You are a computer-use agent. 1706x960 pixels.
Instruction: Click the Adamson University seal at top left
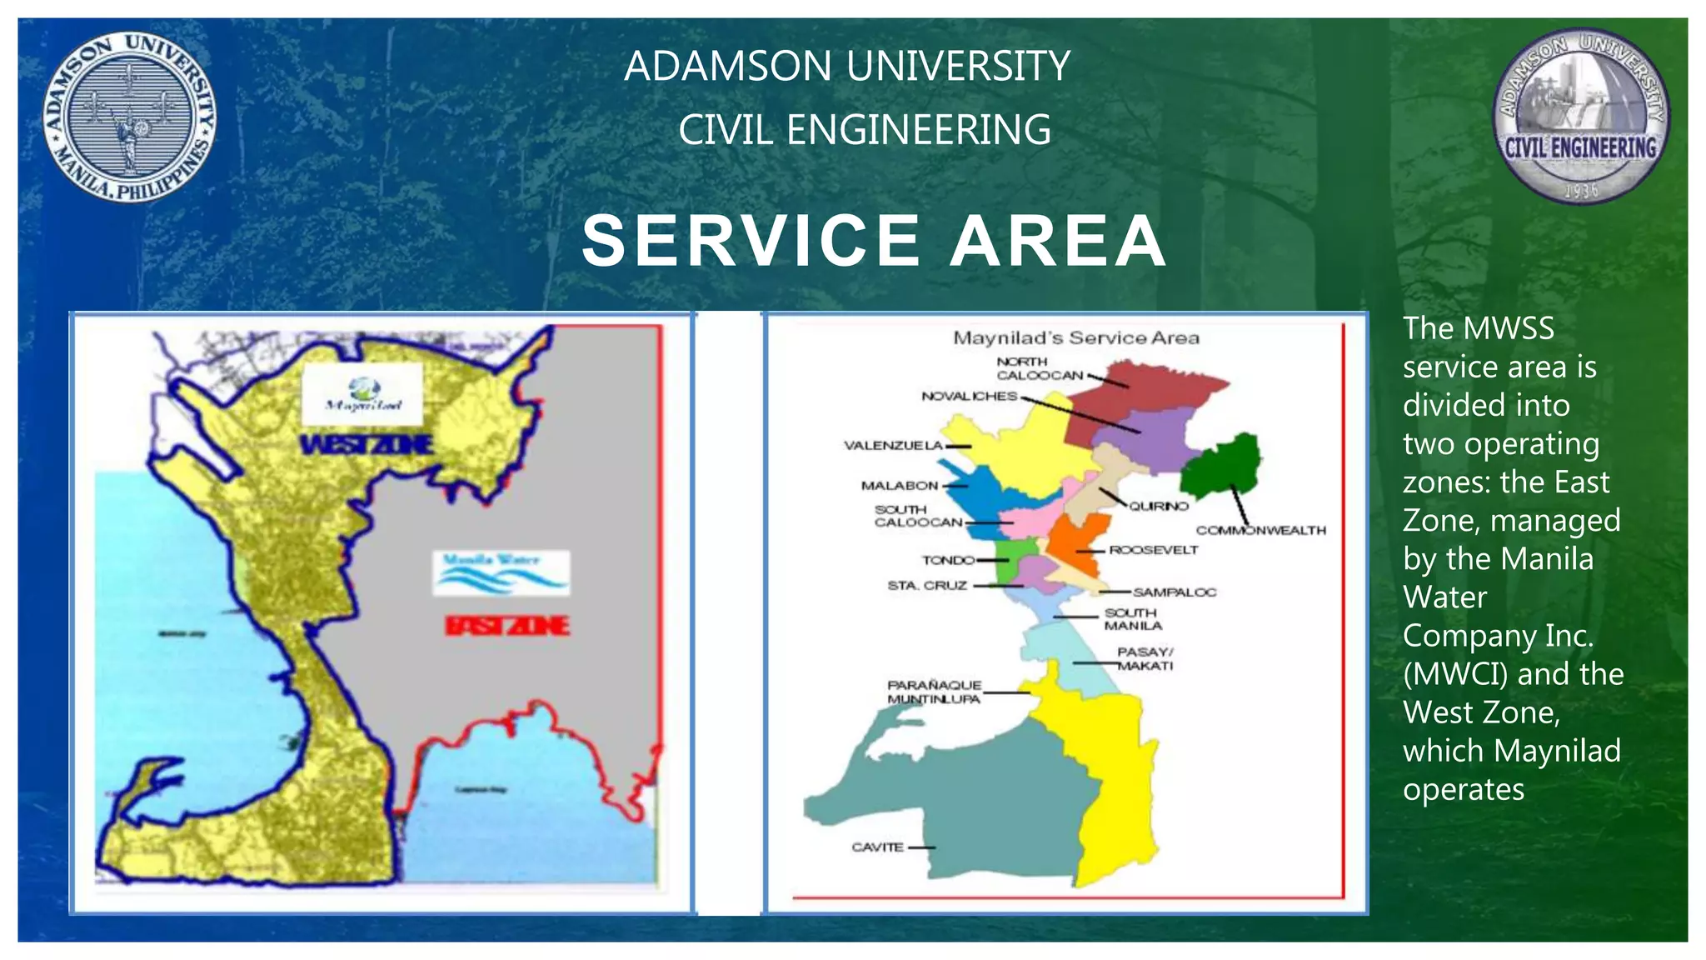coord(129,117)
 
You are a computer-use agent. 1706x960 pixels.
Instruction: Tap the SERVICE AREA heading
coord(873,241)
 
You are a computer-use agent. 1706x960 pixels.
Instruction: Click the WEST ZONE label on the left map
coord(367,445)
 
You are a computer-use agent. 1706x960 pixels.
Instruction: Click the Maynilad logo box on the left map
coord(363,393)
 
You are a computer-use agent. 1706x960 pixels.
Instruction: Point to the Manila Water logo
coord(501,572)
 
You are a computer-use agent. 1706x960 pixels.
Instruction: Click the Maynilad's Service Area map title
coord(1075,338)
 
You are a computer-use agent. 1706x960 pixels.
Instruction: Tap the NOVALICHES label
coord(969,396)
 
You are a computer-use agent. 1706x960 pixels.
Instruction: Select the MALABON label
coord(900,486)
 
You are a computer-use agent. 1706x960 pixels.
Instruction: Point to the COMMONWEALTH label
coord(1260,530)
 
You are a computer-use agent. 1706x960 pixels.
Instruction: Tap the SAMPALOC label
coord(1174,592)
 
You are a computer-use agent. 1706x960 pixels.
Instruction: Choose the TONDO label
coord(948,560)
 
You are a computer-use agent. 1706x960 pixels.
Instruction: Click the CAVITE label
coord(877,847)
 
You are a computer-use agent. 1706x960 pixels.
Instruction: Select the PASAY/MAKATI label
coord(1145,659)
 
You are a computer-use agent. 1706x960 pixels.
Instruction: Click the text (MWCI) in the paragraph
coord(1454,674)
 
